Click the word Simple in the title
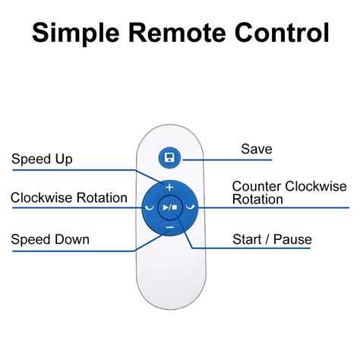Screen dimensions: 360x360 [x=76, y=33]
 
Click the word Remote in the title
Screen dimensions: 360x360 [x=177, y=33]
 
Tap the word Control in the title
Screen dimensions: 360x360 [x=282, y=33]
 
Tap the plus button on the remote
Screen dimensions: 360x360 [x=169, y=188]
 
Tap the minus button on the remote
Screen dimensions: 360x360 [x=170, y=227]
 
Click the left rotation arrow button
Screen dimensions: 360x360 [x=150, y=207]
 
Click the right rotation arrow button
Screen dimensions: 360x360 [x=191, y=207]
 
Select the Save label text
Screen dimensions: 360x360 [x=257, y=149]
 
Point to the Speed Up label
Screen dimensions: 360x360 [x=42, y=159]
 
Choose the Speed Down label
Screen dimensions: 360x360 [x=50, y=239]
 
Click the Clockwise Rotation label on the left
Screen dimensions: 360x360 [x=69, y=197]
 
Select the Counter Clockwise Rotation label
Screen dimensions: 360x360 [x=289, y=193]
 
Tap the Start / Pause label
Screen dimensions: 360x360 [x=272, y=239]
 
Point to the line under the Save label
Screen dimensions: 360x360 [x=227, y=159]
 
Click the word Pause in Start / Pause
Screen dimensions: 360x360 [x=292, y=239]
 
